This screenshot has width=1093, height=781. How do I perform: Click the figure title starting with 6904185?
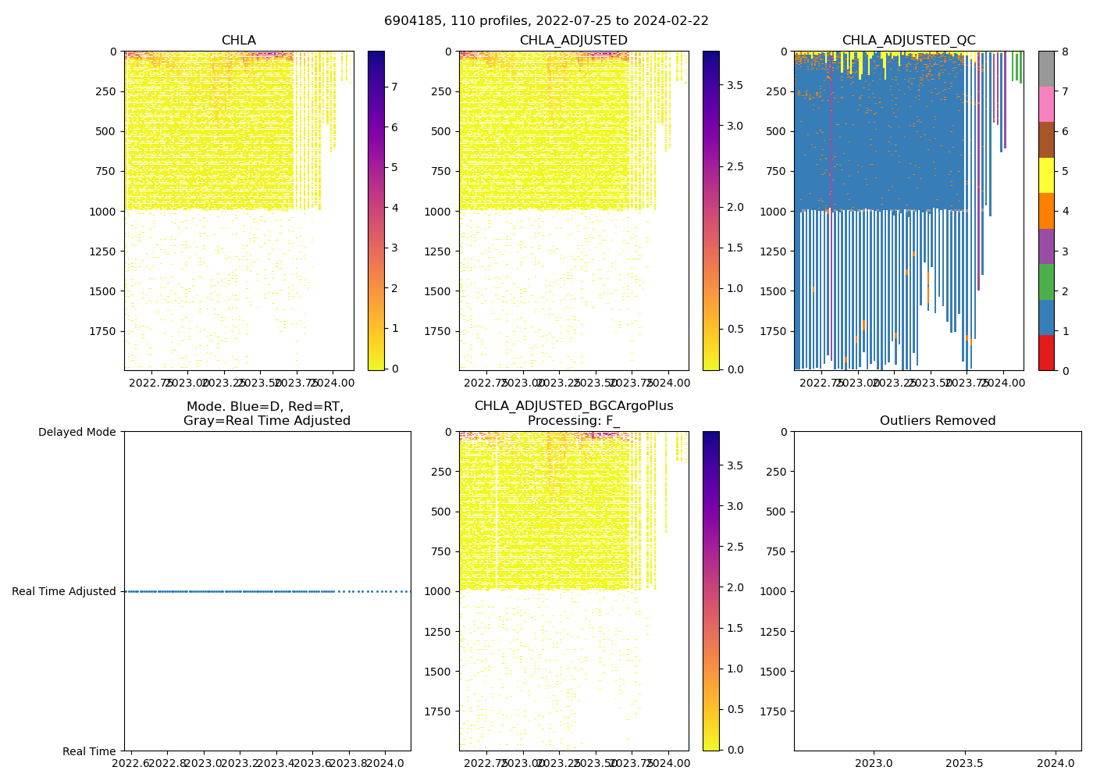(546, 21)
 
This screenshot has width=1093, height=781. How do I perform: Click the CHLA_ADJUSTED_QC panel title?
(908, 41)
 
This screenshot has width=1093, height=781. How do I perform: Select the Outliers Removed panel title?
(938, 421)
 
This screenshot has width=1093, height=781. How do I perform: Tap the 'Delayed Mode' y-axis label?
(77, 432)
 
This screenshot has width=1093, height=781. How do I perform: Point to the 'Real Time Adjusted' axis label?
(64, 591)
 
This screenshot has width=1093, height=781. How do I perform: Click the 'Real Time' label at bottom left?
(89, 751)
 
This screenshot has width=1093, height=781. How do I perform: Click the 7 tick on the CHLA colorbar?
(394, 87)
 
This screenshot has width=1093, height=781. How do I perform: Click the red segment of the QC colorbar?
(1046, 352)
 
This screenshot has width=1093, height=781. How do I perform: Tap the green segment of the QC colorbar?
(1046, 281)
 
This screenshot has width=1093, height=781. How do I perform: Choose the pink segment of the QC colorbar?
(1046, 104)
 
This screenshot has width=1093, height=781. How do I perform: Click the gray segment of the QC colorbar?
(1046, 69)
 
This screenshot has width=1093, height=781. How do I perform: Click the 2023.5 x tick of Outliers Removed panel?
(964, 762)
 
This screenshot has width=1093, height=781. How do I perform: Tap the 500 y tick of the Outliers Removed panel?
(776, 512)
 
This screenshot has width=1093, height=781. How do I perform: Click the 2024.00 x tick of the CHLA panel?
(333, 383)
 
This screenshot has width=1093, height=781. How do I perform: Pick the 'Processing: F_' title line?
(574, 421)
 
